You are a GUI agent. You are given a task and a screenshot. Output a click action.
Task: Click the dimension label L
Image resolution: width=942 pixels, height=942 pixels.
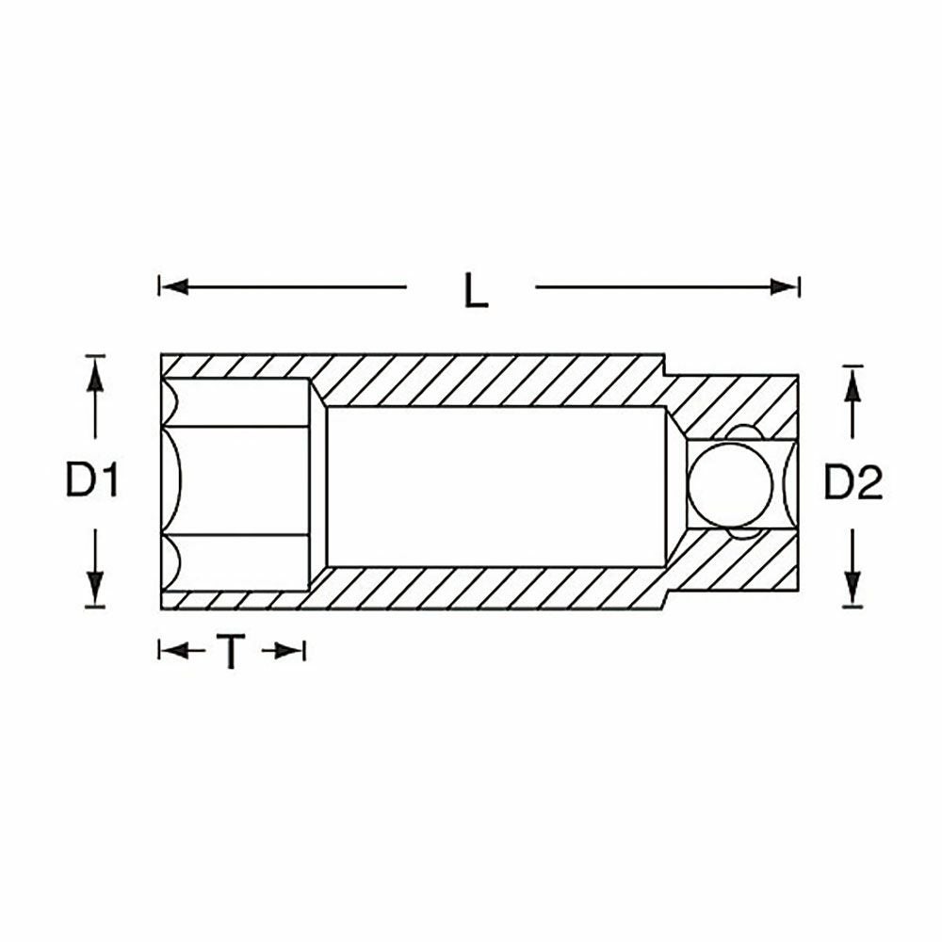(476, 291)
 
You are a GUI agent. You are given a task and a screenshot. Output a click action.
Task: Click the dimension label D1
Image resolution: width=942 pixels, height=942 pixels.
(91, 480)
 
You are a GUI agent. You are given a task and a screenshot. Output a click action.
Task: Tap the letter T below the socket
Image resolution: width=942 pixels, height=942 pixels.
(231, 652)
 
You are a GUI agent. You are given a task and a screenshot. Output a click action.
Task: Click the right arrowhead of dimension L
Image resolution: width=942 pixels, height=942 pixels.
(784, 286)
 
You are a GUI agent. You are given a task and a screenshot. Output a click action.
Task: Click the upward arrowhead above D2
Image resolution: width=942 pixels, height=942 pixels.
(853, 384)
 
